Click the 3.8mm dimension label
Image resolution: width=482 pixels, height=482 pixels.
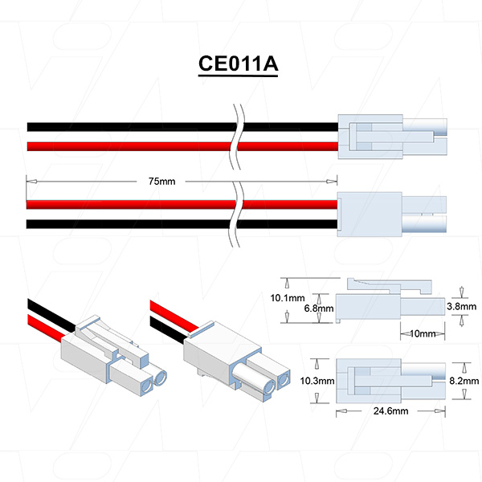[462, 306]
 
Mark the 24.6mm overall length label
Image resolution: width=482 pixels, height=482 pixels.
[390, 411]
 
